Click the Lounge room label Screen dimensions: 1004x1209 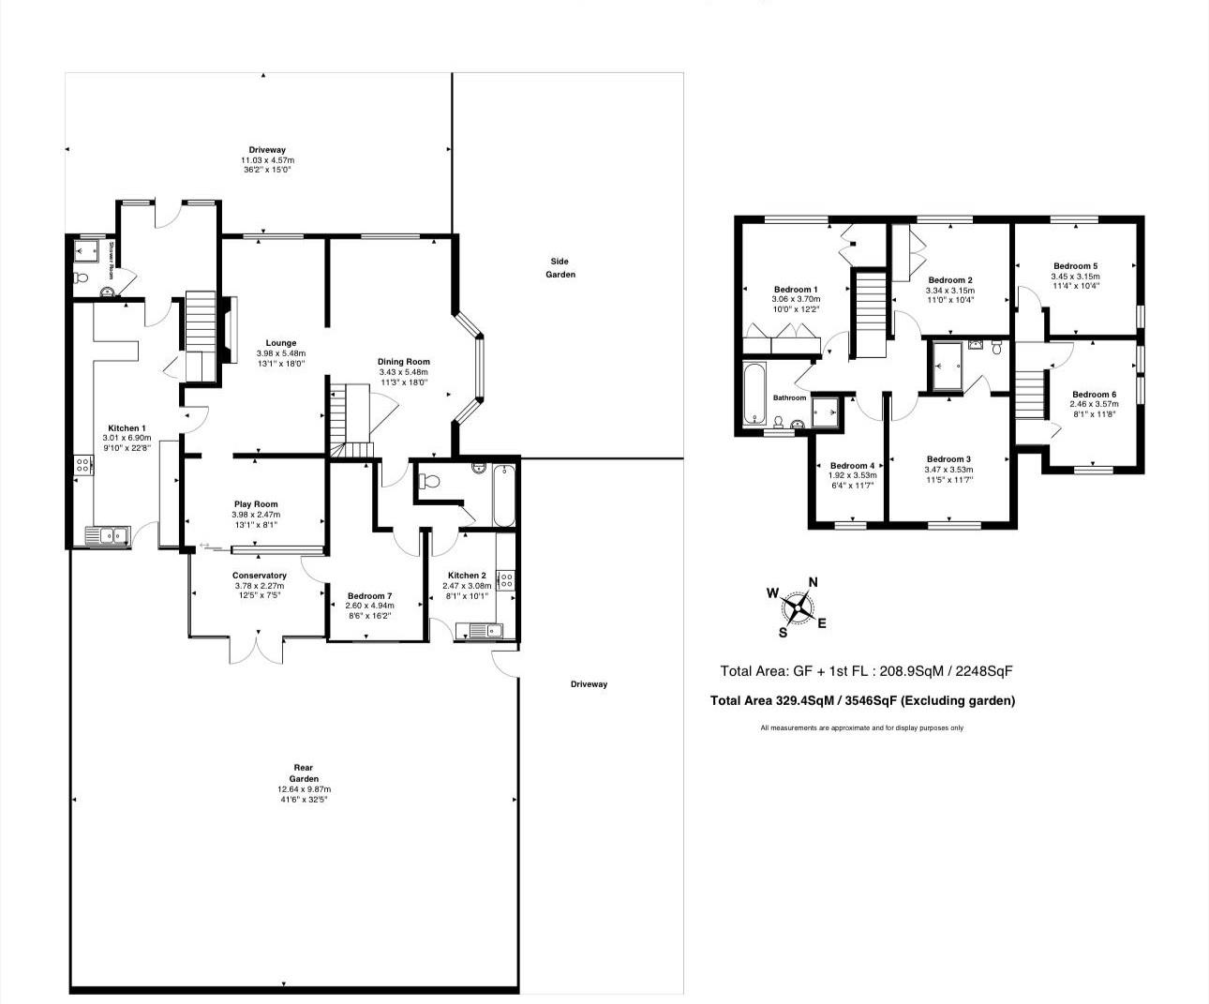[x=280, y=343]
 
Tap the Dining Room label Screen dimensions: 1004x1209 [x=403, y=362]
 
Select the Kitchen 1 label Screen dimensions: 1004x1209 [x=127, y=428]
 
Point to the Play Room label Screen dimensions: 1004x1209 [x=256, y=504]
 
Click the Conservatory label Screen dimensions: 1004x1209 [x=260, y=576]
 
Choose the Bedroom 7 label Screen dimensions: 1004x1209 [x=369, y=596]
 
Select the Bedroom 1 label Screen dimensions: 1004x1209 [x=796, y=289]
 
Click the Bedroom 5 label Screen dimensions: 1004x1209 [x=1075, y=266]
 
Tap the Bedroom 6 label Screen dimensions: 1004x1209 [x=1094, y=395]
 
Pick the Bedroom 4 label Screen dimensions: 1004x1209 [x=852, y=466]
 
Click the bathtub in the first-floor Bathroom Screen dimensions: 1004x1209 [x=754, y=394]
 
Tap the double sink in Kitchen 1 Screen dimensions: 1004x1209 [x=108, y=536]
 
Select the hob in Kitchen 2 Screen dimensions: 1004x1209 [x=506, y=579]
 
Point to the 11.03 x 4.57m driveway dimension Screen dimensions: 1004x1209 [x=267, y=160]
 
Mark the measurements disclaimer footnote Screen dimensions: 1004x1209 [x=861, y=728]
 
